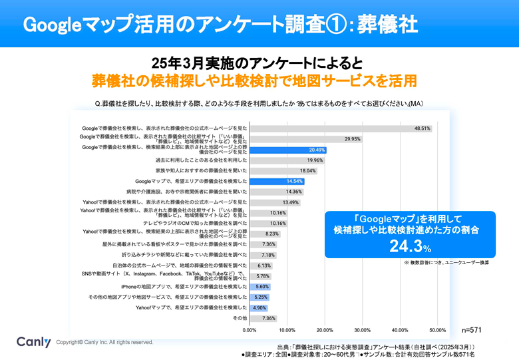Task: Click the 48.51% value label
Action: [422, 128]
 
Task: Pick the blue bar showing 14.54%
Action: [277, 181]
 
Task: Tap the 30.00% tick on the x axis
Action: [362, 329]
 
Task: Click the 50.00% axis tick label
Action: [437, 329]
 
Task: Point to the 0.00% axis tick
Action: [250, 329]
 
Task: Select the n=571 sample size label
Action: [472, 329]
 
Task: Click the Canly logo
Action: [33, 342]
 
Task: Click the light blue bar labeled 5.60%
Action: [259, 287]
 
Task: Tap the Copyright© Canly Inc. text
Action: [104, 342]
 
